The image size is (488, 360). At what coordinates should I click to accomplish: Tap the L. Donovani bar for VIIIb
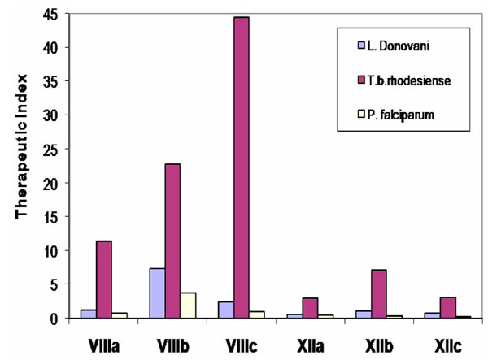(157, 293)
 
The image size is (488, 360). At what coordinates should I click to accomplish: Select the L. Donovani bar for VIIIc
(227, 310)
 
